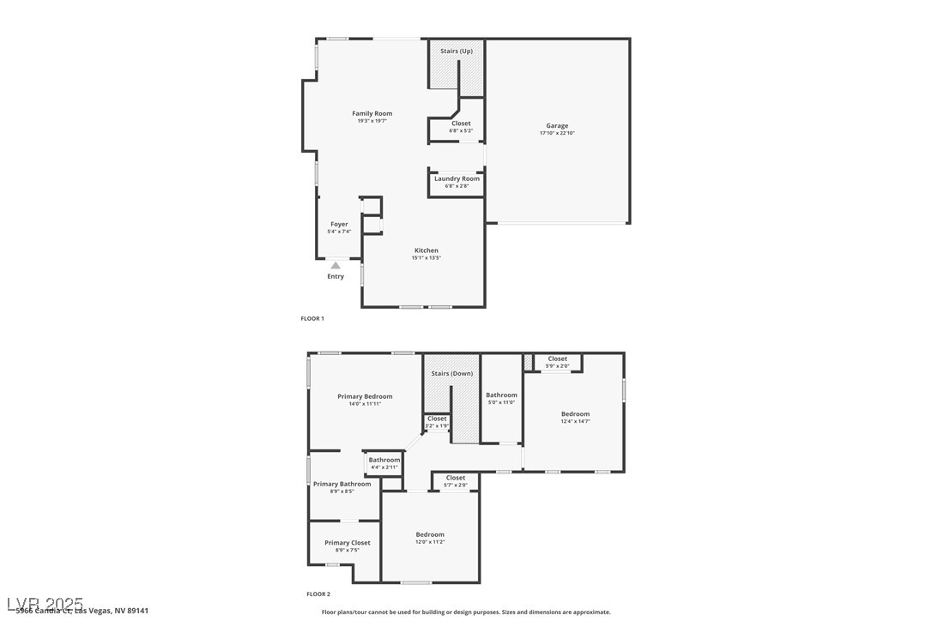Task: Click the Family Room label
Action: (372, 113)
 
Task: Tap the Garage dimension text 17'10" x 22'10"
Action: (557, 133)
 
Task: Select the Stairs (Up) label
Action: (456, 51)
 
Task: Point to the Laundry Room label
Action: (457, 178)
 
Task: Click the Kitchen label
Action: (426, 250)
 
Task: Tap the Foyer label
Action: (339, 224)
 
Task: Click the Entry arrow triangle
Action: (336, 266)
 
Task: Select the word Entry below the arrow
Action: (336, 276)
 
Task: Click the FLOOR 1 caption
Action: (312, 318)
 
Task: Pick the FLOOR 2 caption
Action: (318, 594)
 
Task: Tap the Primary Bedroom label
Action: (365, 396)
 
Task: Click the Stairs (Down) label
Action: (451, 374)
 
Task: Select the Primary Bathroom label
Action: (342, 484)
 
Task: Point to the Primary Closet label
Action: (348, 543)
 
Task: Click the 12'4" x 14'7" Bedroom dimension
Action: (575, 421)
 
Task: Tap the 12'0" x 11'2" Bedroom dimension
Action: (430, 541)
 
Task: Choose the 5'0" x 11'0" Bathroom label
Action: (501, 395)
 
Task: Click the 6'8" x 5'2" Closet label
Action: (461, 124)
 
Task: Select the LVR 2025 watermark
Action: (45, 603)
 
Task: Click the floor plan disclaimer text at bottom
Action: (466, 612)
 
